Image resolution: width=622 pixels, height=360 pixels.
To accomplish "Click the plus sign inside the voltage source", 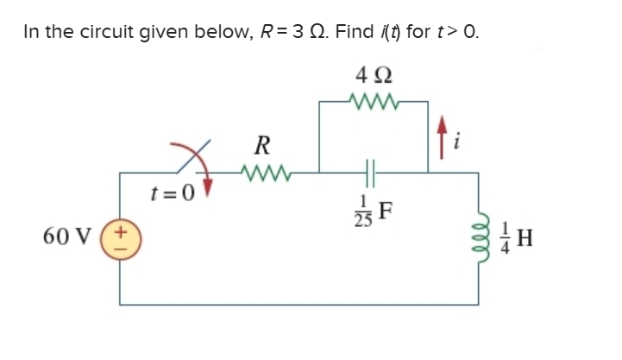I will [x=119, y=231].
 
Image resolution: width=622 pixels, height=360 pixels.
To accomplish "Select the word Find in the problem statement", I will [x=355, y=33].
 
